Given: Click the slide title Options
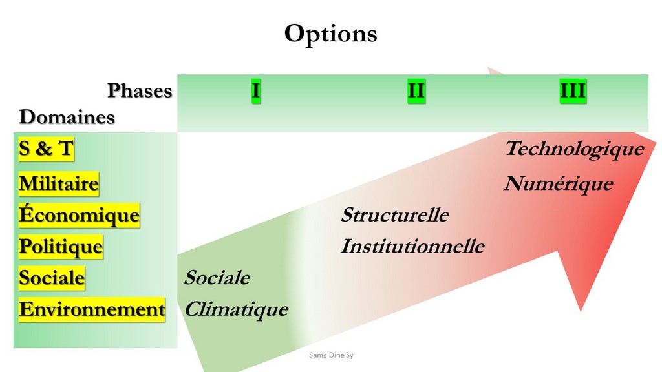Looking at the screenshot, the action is (330, 34).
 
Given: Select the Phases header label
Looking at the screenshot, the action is (140, 90).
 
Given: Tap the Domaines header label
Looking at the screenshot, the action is (67, 117).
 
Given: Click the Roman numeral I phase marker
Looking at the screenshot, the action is (256, 91).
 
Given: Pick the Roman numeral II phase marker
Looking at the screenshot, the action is (416, 91).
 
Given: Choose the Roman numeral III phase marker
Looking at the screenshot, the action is (573, 91).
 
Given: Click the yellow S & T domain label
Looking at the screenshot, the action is (46, 149).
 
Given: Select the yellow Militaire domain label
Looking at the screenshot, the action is (59, 184).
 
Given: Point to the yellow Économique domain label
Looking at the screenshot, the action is (79, 215).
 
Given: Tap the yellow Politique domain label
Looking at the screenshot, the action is (61, 247).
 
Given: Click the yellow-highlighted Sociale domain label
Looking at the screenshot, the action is (52, 278).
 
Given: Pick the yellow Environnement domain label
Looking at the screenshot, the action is (92, 309).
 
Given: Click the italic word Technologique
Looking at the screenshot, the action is (575, 149).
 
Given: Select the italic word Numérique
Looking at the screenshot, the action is (559, 184).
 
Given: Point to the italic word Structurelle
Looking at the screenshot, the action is (395, 214).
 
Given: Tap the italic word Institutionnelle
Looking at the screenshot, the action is (412, 246).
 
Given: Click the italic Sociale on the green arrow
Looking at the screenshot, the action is (217, 278).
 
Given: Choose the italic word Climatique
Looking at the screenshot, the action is (237, 310).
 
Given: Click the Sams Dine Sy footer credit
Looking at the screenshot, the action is (331, 355).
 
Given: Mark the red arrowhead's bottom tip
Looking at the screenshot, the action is (581, 311).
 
